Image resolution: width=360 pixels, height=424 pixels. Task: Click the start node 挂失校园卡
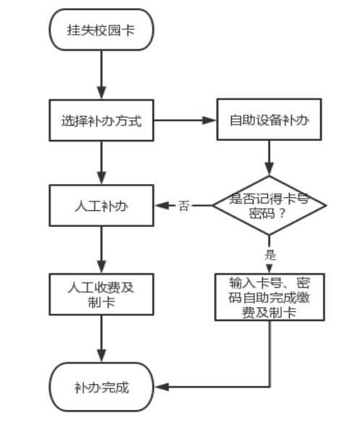pos(101,30)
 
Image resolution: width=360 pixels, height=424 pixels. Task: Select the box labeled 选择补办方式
pos(101,120)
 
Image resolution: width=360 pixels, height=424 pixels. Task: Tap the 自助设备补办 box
pos(269,120)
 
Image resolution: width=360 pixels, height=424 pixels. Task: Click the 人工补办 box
pos(101,206)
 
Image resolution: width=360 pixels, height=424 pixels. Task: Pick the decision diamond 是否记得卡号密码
pos(269,205)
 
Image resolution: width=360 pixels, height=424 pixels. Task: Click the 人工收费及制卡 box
pos(101,294)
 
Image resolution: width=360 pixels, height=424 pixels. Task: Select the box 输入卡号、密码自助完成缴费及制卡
pos(269,297)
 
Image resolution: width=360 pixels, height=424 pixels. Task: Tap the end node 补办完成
pos(101,387)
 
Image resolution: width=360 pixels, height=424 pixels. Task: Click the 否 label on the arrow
pos(184,206)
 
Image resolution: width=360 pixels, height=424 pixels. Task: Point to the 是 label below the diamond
pos(270,254)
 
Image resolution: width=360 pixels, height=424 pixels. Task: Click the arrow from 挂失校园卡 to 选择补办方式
pos(101,75)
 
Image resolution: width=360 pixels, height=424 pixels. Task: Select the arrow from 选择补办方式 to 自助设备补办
pos(185,120)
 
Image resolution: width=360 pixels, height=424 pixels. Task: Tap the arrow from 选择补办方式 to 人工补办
pos(101,163)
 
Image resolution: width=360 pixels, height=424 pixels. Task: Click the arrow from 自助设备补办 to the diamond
pos(269,158)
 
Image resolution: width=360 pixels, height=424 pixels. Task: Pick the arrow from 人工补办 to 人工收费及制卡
pos(101,250)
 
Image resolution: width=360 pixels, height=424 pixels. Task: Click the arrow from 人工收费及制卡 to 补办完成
pos(101,338)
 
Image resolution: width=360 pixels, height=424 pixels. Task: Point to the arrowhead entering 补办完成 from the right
pos(162,387)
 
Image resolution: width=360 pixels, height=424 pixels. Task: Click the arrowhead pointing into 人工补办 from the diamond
pos(162,206)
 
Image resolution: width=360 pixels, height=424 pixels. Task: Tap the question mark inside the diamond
pos(282,213)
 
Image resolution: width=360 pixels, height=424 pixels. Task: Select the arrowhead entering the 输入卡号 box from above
pos(269,268)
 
